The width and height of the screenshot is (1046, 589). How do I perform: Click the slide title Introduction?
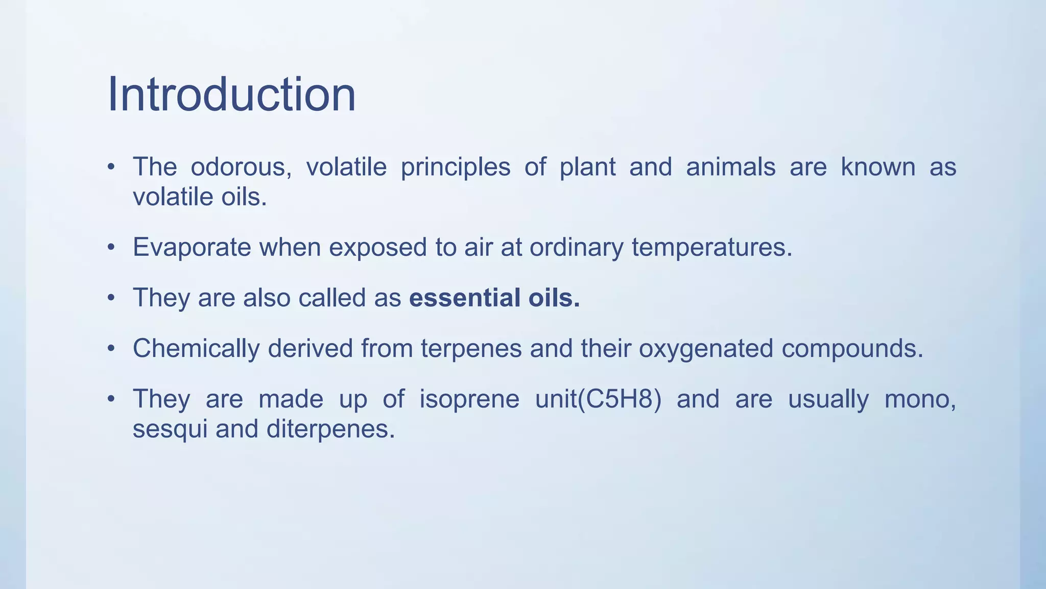(231, 95)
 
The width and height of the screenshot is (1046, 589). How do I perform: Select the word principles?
(455, 167)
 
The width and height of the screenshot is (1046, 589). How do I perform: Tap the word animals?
(730, 167)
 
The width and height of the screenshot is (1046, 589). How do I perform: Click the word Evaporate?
(192, 248)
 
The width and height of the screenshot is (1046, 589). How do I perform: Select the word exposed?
(377, 248)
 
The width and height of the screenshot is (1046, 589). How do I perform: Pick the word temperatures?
(711, 248)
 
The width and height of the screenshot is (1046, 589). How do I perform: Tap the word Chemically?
(196, 349)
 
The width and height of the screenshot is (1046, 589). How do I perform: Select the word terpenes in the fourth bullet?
(471, 349)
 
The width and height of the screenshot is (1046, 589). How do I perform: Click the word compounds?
(852, 349)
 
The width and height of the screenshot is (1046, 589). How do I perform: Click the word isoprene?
(469, 399)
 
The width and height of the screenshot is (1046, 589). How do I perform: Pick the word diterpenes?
(330, 429)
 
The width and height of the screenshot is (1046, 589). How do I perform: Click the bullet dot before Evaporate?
(111, 248)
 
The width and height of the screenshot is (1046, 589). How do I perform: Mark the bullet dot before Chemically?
(111, 349)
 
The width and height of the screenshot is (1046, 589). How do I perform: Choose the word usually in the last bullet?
(828, 399)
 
